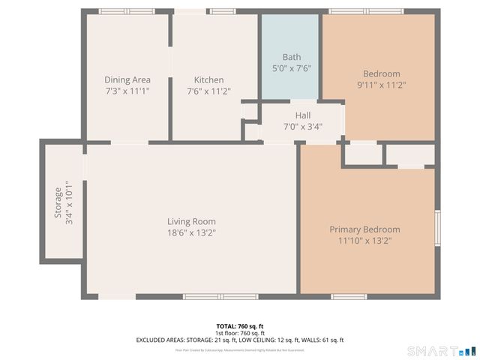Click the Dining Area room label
[x=127, y=79]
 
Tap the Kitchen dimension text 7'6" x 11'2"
[x=208, y=91]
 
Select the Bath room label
[x=291, y=57]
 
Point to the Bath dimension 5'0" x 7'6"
[x=291, y=68]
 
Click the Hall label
[x=303, y=115]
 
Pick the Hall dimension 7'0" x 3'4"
[x=303, y=126]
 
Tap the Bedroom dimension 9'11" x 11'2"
[x=382, y=85]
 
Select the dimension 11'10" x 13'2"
[x=364, y=241]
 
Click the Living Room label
[x=191, y=221]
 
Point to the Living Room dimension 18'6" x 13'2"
[x=191, y=233]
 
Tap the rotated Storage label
[x=57, y=202]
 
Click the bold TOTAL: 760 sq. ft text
[x=239, y=326]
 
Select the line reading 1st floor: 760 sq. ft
[x=239, y=333]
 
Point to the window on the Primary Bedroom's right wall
[x=437, y=228]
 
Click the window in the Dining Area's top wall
[x=127, y=11]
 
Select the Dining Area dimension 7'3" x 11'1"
[x=127, y=91]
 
